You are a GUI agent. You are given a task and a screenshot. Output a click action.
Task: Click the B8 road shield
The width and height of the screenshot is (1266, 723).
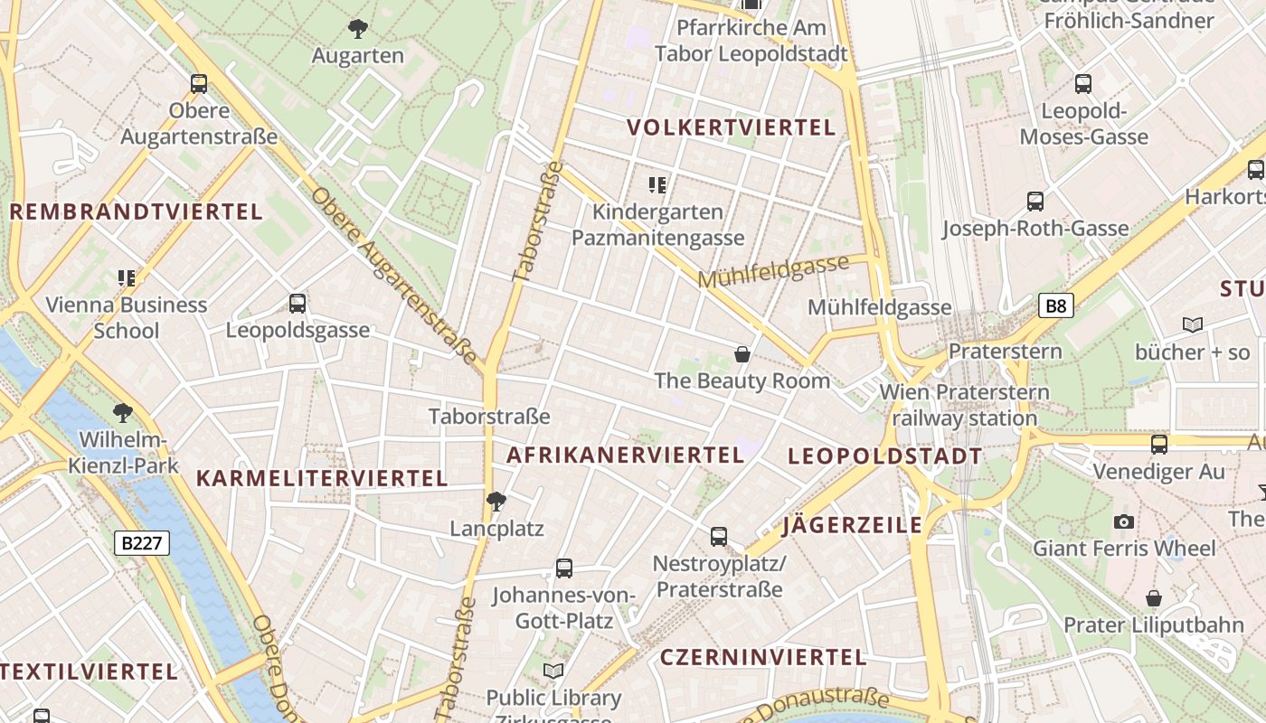click(1055, 305)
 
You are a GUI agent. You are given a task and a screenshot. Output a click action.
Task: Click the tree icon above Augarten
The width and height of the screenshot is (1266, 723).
click(358, 29)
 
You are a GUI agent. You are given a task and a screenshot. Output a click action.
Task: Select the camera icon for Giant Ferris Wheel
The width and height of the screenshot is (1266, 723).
click(1124, 521)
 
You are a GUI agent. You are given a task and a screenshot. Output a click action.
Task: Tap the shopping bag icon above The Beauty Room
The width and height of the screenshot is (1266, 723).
click(742, 353)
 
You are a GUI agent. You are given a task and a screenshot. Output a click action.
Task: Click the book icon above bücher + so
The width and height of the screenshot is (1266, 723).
click(1193, 324)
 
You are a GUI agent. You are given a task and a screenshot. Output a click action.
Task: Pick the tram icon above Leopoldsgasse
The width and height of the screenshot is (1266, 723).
click(298, 304)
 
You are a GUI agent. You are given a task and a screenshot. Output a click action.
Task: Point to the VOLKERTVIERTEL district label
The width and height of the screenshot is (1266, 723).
click(732, 127)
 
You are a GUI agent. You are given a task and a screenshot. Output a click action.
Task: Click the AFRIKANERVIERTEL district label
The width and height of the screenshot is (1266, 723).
click(625, 455)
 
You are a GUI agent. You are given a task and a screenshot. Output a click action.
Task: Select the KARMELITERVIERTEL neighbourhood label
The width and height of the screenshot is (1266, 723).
click(322, 478)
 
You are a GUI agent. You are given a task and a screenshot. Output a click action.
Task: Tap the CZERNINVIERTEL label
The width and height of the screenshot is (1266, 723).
click(763, 657)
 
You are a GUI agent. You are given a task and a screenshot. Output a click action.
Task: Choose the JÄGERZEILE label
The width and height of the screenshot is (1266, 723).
click(853, 525)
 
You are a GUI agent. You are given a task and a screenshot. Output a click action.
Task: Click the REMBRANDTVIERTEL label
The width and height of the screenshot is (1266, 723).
click(136, 212)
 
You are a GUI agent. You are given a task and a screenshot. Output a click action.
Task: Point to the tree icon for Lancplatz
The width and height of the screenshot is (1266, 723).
click(496, 501)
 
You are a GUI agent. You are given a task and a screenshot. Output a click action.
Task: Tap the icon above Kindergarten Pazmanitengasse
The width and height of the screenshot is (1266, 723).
click(657, 185)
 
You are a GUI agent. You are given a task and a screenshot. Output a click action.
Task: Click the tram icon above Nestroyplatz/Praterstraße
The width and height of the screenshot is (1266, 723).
click(719, 537)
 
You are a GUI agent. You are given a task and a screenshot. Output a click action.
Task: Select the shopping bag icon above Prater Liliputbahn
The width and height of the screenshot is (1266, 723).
click(1153, 598)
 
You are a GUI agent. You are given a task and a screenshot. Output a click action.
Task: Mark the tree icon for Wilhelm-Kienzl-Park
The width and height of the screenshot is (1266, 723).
click(123, 414)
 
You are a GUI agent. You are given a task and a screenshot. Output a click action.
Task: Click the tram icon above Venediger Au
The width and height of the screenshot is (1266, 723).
click(1158, 445)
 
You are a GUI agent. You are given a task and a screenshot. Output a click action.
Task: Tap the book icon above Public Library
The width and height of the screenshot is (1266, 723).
click(553, 671)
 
